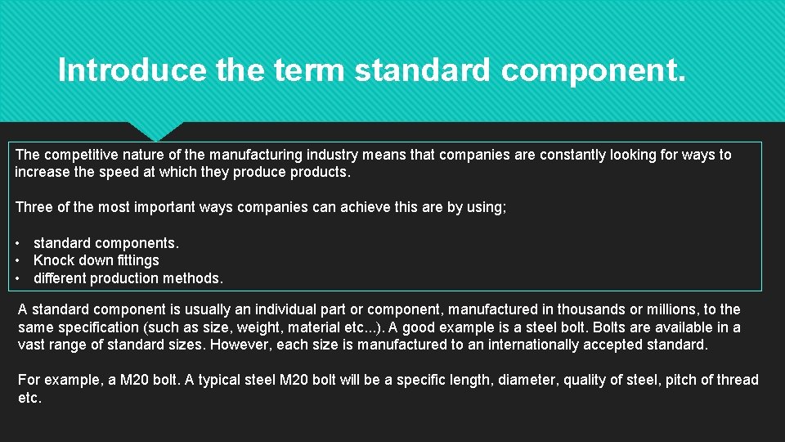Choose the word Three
pos(34,207)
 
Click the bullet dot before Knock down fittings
pos(18,260)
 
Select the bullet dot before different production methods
pos(18,278)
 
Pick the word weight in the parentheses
pos(249,327)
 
